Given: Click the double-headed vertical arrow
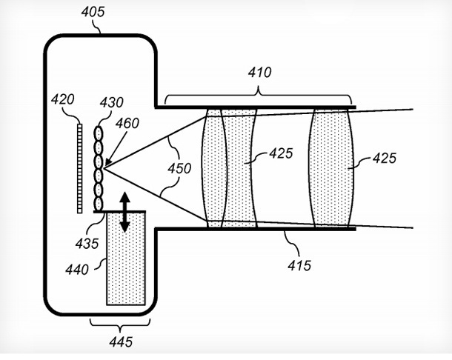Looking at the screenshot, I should click(x=123, y=213).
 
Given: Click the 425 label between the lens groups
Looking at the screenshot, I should click(x=281, y=153).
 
